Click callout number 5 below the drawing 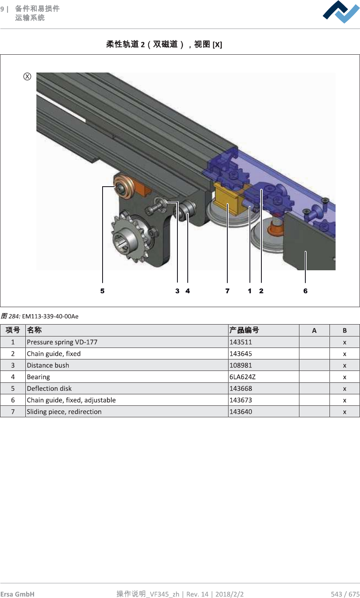click(x=103, y=291)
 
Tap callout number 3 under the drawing click(x=177, y=291)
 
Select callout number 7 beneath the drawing click(x=227, y=291)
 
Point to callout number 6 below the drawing click(x=305, y=291)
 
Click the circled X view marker click(x=27, y=76)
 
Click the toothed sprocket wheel click(x=130, y=239)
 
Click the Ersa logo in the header click(x=341, y=12)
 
